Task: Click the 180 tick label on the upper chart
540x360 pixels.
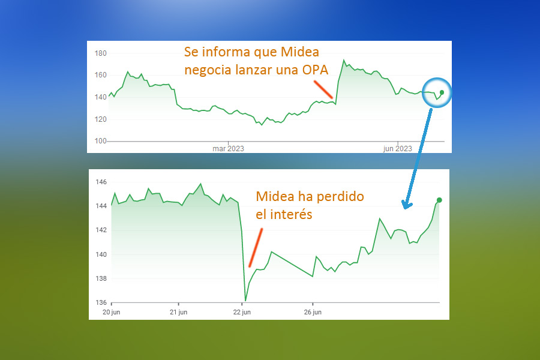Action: (101, 53)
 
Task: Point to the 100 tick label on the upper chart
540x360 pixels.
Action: (101, 141)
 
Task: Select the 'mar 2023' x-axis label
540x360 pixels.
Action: (228, 148)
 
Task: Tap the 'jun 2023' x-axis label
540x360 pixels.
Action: (397, 148)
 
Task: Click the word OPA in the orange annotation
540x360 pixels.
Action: (315, 70)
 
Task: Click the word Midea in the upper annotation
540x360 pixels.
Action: (299, 52)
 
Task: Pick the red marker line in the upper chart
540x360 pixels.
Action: (323, 89)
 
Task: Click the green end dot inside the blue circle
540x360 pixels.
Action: (442, 92)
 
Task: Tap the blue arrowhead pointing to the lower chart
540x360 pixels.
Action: (407, 205)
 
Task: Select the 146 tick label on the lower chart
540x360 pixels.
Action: (101, 182)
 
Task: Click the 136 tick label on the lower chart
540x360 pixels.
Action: (101, 302)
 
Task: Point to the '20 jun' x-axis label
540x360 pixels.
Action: (111, 312)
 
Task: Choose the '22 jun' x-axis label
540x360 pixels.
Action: (242, 312)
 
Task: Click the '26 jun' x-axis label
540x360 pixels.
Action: (313, 312)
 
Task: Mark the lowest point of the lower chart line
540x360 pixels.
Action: (245, 301)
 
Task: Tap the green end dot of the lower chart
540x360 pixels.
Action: (439, 200)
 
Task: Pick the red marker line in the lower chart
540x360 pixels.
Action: (256, 247)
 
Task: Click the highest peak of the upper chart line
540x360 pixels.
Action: (343, 60)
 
